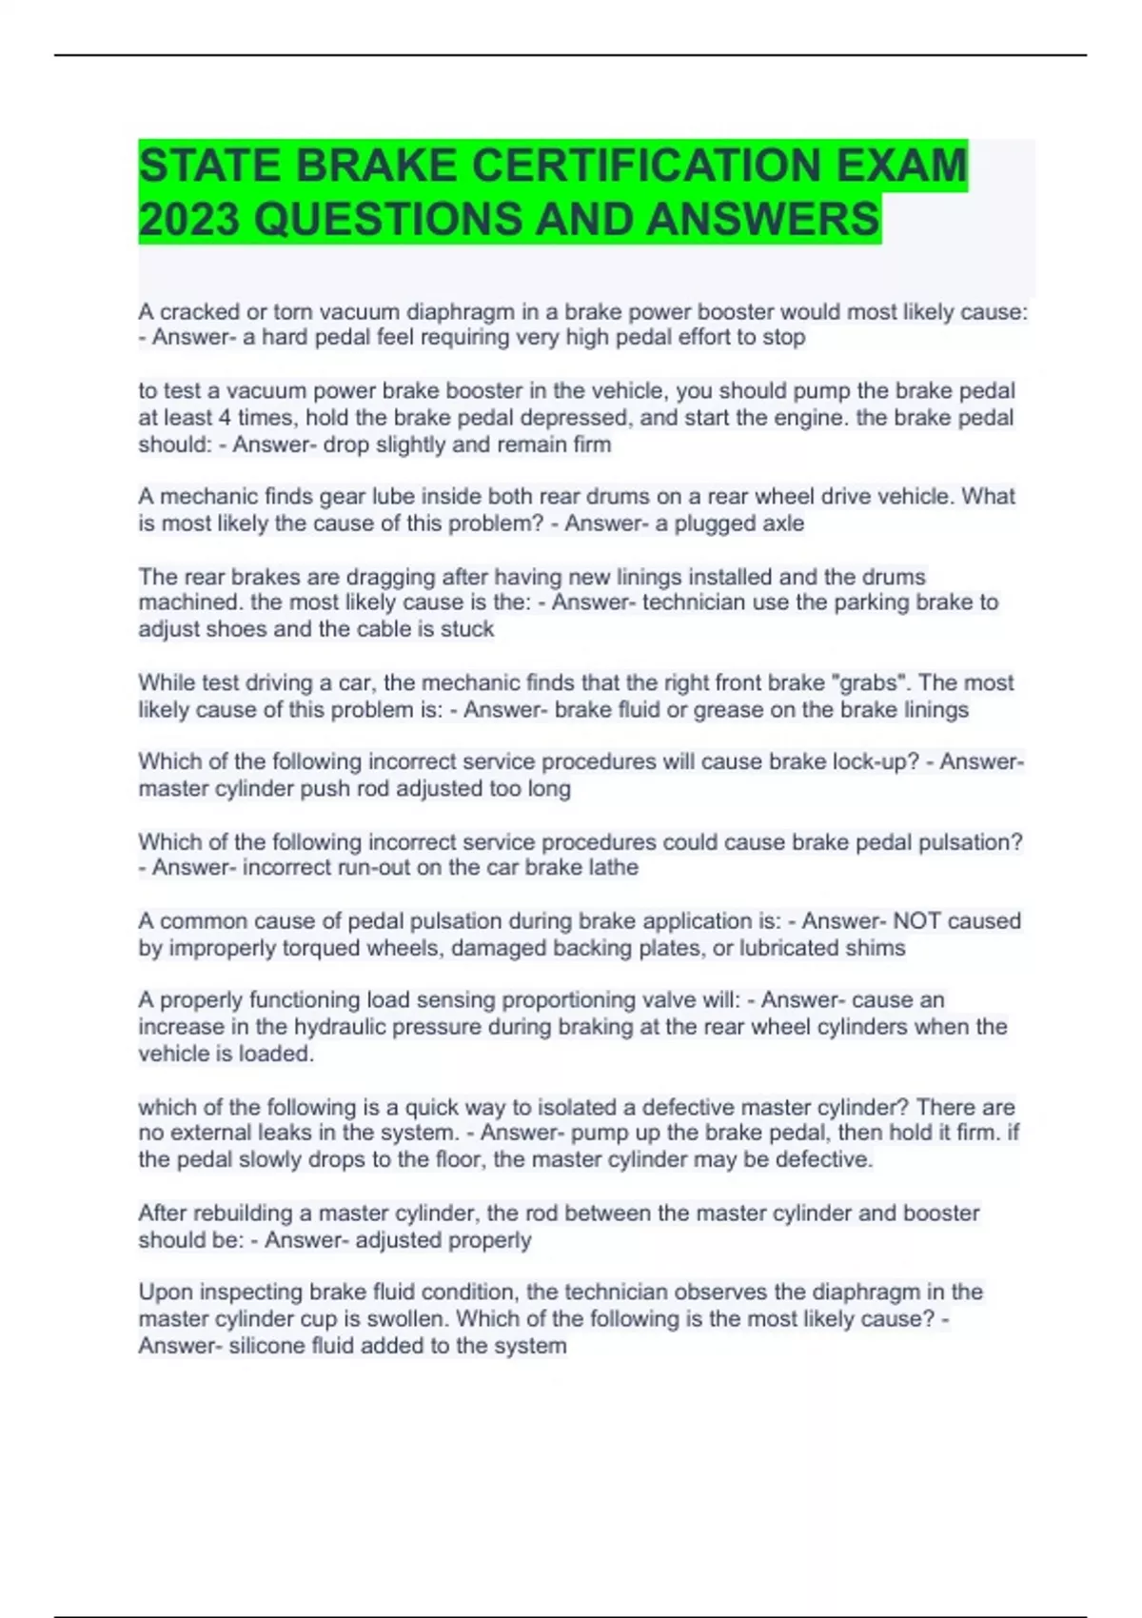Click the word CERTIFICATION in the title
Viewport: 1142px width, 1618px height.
click(648, 166)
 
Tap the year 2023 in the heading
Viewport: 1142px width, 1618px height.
click(188, 219)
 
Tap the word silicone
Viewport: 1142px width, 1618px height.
click(266, 1346)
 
